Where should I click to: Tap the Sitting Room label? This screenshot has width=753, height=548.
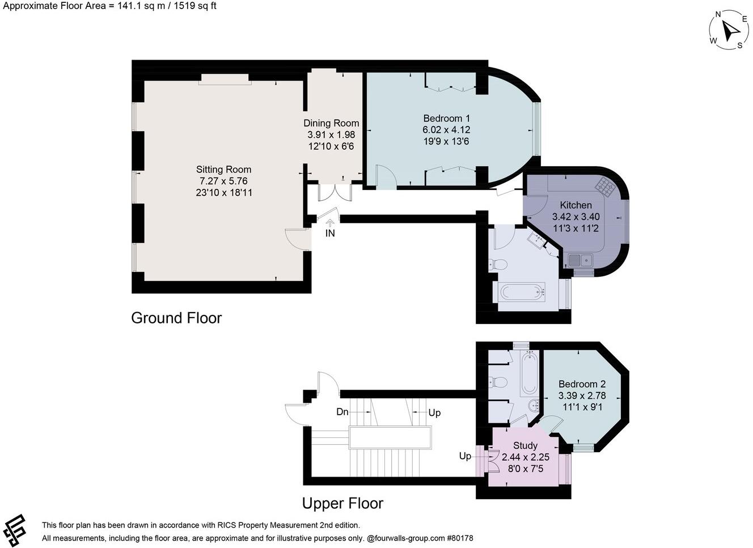[x=223, y=169]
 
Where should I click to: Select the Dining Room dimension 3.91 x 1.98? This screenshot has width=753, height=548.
[x=331, y=134]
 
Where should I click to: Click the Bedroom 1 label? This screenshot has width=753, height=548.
[x=446, y=119]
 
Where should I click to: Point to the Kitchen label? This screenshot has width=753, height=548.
[x=576, y=205]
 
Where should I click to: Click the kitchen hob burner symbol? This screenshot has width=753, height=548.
[x=606, y=186]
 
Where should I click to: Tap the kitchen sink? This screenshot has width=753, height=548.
[x=581, y=260]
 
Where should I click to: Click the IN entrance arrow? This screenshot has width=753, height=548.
[x=330, y=222]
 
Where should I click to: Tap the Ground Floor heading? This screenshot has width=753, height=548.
[x=176, y=318]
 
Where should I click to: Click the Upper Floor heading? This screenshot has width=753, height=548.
[x=342, y=503]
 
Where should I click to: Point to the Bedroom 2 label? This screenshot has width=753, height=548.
[x=582, y=384]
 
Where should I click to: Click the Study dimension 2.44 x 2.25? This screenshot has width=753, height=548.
[x=526, y=457]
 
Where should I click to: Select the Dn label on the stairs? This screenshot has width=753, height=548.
[x=342, y=412]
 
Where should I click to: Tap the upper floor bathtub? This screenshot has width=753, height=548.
[x=530, y=373]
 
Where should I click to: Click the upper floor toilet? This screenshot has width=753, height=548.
[x=498, y=382]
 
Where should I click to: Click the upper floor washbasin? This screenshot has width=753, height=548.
[x=534, y=406]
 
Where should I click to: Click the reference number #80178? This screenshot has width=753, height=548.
[x=460, y=538]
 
